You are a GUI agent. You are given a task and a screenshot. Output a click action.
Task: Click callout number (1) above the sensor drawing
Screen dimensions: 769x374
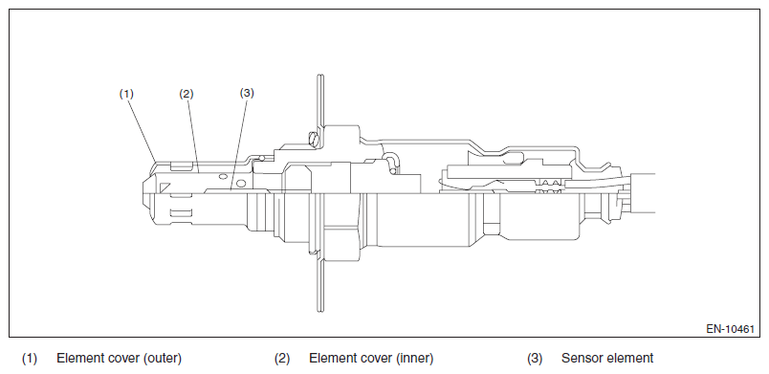tap(126, 94)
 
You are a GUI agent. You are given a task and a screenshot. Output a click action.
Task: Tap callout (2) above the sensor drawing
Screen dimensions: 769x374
tap(187, 94)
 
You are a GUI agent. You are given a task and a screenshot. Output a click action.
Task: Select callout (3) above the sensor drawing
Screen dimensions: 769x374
tap(247, 93)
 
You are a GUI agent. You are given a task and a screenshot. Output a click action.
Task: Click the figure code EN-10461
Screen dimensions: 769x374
tap(730, 329)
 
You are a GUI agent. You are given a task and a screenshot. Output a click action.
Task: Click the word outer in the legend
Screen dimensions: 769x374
tap(163, 359)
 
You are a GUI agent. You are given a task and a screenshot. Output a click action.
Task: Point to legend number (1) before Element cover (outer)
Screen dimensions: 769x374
tap(30, 359)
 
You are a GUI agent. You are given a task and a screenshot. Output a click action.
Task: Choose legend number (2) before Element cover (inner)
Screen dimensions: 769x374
tap(282, 359)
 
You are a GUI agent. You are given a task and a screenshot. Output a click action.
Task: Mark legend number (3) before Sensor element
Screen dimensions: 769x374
tap(535, 359)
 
